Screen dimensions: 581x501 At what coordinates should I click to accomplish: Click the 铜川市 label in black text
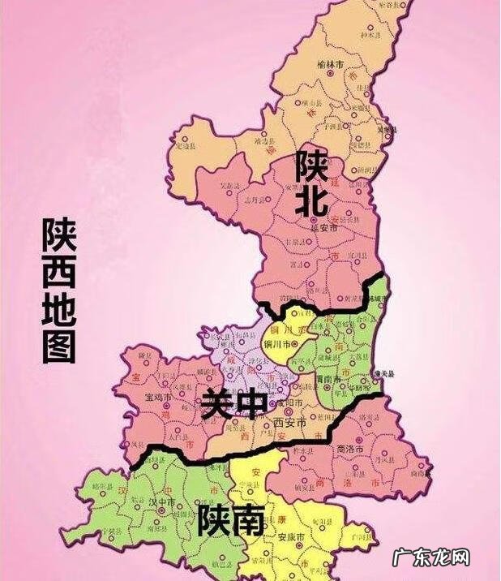point(279,343)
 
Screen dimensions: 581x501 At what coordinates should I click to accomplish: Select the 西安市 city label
point(289,423)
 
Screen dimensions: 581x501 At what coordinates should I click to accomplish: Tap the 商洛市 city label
point(350,448)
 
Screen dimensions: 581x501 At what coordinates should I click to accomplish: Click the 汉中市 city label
point(166,502)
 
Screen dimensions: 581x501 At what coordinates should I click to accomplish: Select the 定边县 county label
point(186,146)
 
